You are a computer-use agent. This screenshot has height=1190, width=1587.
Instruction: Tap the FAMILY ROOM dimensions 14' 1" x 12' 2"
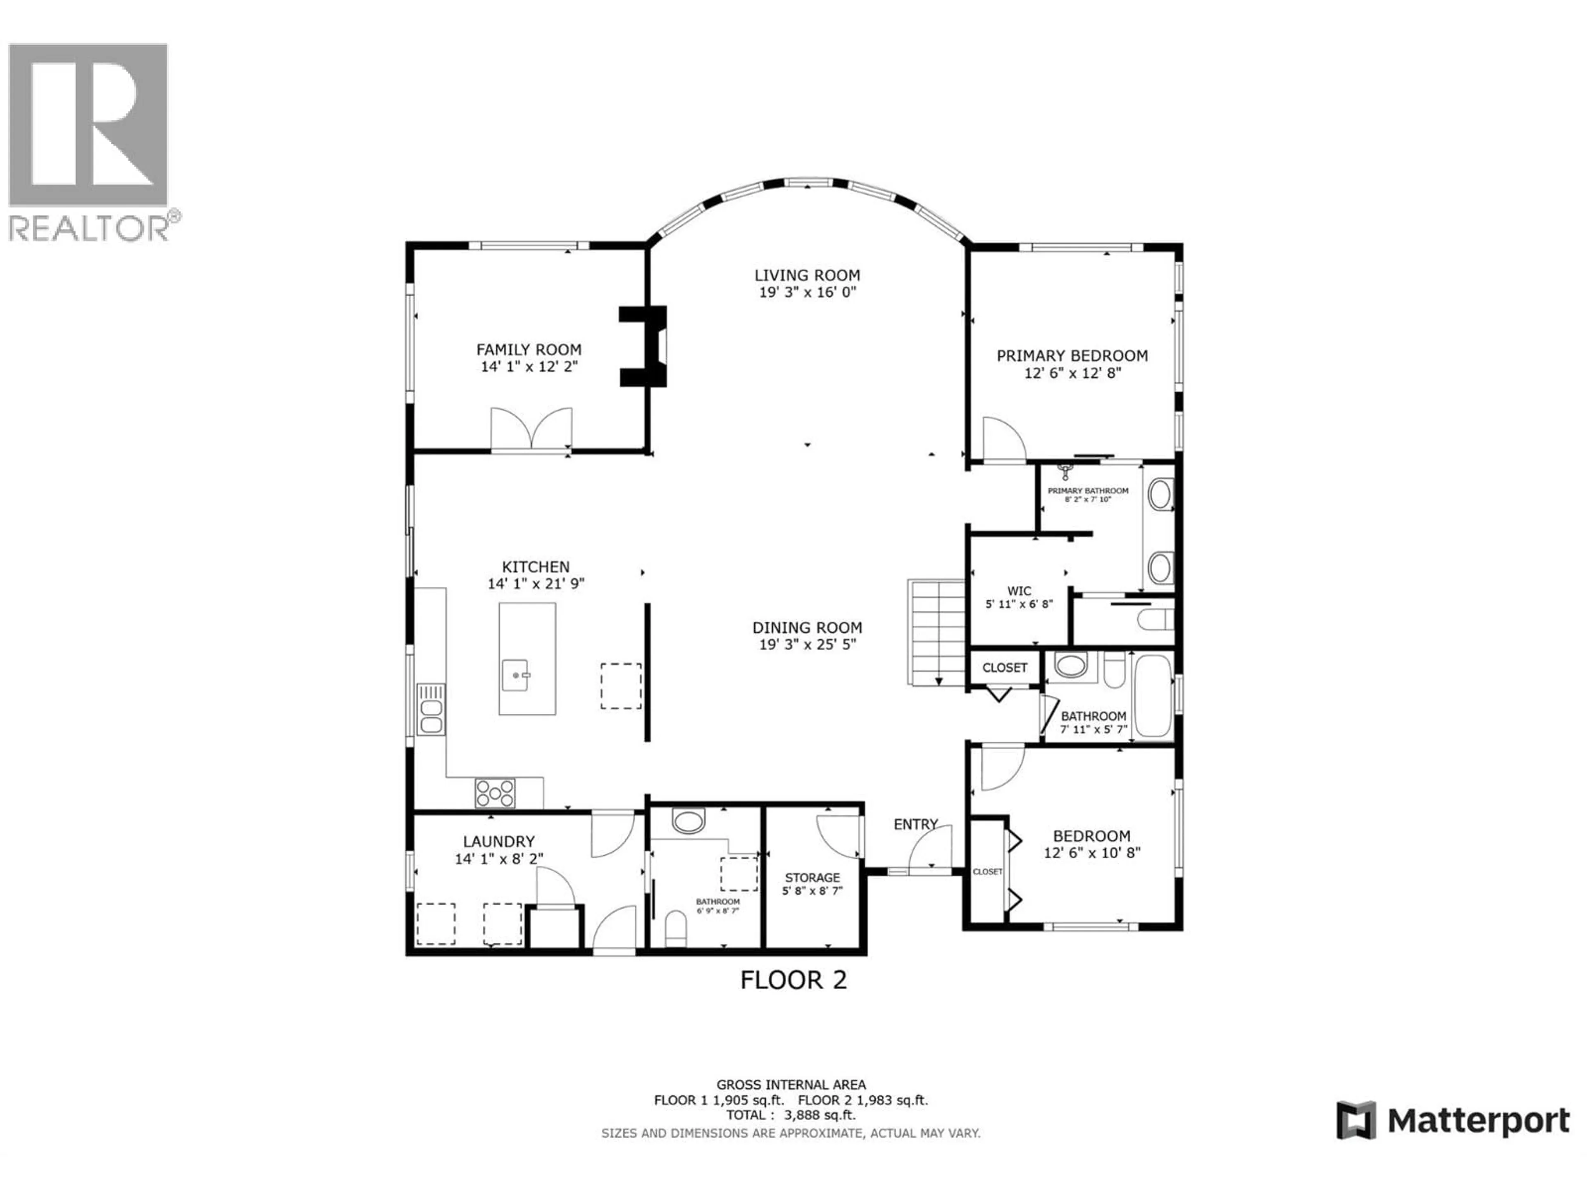click(529, 367)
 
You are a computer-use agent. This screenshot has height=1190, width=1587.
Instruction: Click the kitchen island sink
click(515, 675)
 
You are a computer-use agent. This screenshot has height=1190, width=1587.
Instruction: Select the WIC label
click(1019, 591)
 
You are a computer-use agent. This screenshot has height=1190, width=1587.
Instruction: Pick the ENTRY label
click(915, 824)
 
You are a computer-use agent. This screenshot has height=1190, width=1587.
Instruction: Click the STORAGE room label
click(812, 877)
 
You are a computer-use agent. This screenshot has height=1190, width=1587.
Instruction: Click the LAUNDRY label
click(499, 841)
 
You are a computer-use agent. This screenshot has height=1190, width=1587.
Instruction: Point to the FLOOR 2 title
click(793, 980)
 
